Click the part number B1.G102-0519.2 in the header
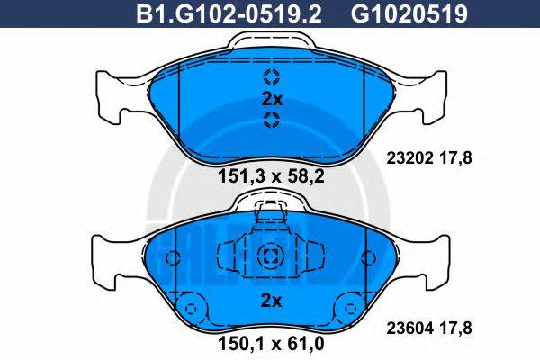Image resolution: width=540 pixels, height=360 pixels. pos(229,14)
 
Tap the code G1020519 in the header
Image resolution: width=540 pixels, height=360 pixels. pos(409,14)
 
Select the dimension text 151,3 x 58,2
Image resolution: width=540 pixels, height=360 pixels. pos(272,176)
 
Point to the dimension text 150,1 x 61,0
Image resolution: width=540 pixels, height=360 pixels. pos(272,343)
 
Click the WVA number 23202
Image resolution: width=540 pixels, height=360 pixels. pos(409,158)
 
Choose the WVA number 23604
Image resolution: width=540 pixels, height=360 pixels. pos(409,328)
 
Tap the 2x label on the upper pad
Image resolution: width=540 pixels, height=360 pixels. pos(272,99)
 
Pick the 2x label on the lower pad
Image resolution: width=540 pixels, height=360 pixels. pos(272,301)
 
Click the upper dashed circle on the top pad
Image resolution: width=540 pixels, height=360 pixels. pos(272,76)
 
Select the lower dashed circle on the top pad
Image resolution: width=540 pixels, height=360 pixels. pos(272,120)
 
